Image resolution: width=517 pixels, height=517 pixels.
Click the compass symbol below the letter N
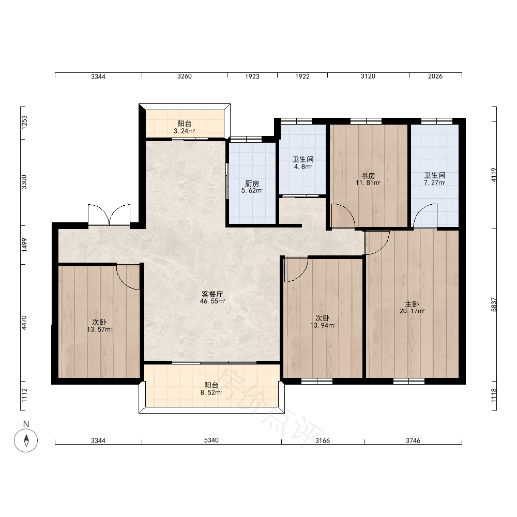[26, 440]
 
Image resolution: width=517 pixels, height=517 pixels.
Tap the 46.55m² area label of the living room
[212, 301]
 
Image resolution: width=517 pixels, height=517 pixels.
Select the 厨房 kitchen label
[252, 184]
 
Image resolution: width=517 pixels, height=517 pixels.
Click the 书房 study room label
[368, 176]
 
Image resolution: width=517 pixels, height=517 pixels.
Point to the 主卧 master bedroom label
[412, 304]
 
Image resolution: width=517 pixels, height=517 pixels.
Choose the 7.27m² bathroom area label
[435, 183]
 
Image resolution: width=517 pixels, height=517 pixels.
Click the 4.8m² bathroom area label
[302, 166]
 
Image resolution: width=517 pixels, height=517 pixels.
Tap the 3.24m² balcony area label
[185, 131]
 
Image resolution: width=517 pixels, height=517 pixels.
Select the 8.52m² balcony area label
[211, 393]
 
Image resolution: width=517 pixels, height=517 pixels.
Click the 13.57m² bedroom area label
[99, 329]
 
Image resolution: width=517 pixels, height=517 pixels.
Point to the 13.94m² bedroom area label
[323, 325]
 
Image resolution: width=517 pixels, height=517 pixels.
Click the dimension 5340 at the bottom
[211, 440]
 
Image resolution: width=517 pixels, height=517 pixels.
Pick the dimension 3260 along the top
[185, 76]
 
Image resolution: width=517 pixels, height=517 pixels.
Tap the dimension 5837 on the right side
[494, 305]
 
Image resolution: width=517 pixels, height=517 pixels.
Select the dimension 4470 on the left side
[24, 323]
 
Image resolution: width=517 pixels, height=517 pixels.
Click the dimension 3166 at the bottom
[323, 440]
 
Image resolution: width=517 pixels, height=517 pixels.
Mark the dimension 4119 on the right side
[494, 175]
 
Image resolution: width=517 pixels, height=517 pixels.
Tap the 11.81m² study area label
[368, 183]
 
